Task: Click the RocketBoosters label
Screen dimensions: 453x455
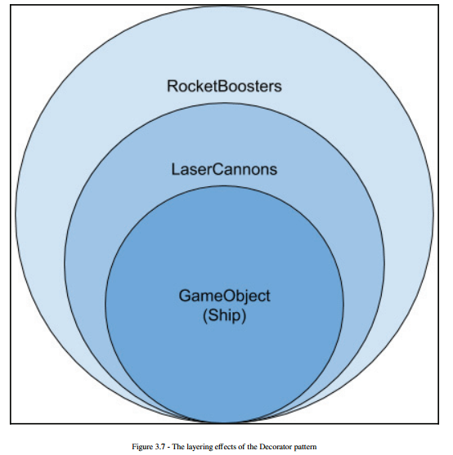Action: tap(224, 87)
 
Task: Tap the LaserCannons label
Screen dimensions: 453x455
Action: tap(224, 169)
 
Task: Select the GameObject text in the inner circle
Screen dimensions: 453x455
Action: tap(224, 297)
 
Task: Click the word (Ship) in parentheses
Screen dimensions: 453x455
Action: tap(224, 315)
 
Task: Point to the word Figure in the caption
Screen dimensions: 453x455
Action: tap(142, 447)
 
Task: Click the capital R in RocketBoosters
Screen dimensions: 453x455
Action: tap(173, 87)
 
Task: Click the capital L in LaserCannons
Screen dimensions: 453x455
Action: tap(176, 169)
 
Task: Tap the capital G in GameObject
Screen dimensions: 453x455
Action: tap(185, 296)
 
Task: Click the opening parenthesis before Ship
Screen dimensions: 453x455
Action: tap(205, 315)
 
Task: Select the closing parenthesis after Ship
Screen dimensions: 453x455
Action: tap(244, 315)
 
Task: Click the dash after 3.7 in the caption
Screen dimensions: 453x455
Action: tap(168, 447)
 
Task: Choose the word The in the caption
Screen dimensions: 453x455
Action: tap(177, 446)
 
